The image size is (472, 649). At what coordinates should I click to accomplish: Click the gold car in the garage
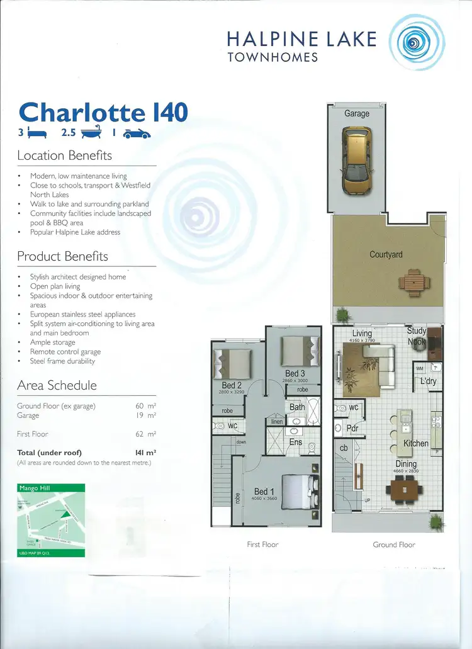tap(356, 161)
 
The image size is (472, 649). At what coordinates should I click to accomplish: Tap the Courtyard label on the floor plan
tap(386, 254)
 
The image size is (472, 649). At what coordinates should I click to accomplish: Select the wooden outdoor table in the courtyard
tap(412, 283)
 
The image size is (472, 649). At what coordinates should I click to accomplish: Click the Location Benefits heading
tap(64, 155)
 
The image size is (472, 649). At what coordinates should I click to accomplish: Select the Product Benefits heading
tap(62, 256)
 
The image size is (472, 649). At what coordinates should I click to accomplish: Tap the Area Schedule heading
tap(57, 385)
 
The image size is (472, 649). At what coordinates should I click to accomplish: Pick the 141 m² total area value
tap(145, 452)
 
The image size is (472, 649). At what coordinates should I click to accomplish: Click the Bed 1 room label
tap(264, 492)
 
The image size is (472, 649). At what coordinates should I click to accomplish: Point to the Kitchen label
tap(415, 443)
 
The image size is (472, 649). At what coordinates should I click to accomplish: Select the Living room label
tap(362, 334)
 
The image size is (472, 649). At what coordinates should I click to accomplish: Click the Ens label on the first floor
tap(296, 442)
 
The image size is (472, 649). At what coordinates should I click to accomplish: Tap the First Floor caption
tap(262, 545)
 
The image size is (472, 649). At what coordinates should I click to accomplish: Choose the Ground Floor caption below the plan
tap(394, 545)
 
